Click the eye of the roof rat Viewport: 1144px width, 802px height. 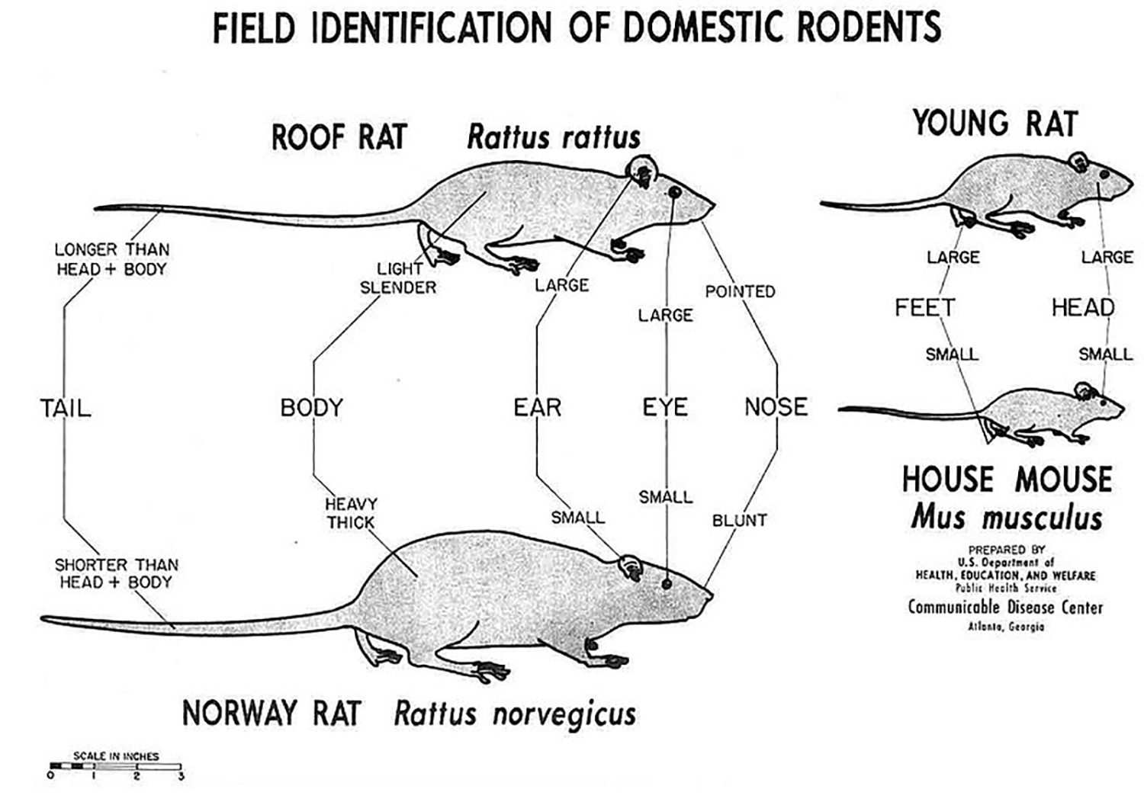pyautogui.click(x=673, y=191)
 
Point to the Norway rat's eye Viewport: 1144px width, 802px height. pyautogui.click(x=667, y=584)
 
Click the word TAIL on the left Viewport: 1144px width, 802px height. pyautogui.click(x=66, y=408)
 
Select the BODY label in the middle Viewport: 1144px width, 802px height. pyautogui.click(x=311, y=408)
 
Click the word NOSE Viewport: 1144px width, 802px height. pyautogui.click(x=776, y=407)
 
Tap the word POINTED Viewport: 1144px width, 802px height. pyautogui.click(x=740, y=291)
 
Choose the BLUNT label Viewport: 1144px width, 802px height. pyautogui.click(x=739, y=521)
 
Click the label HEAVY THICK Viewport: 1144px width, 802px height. pyautogui.click(x=351, y=513)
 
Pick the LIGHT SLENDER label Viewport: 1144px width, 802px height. pyautogui.click(x=398, y=278)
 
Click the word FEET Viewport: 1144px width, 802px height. pyautogui.click(x=924, y=308)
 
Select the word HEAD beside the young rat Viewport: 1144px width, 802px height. pyautogui.click(x=1083, y=308)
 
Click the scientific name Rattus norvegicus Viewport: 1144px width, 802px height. pyautogui.click(x=515, y=714)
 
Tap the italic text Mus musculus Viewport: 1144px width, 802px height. pyautogui.click(x=1006, y=518)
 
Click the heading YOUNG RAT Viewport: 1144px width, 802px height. pyautogui.click(x=995, y=124)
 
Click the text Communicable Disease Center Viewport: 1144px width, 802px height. pyautogui.click(x=1005, y=608)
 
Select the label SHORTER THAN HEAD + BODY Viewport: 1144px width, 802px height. pyautogui.click(x=116, y=573)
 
